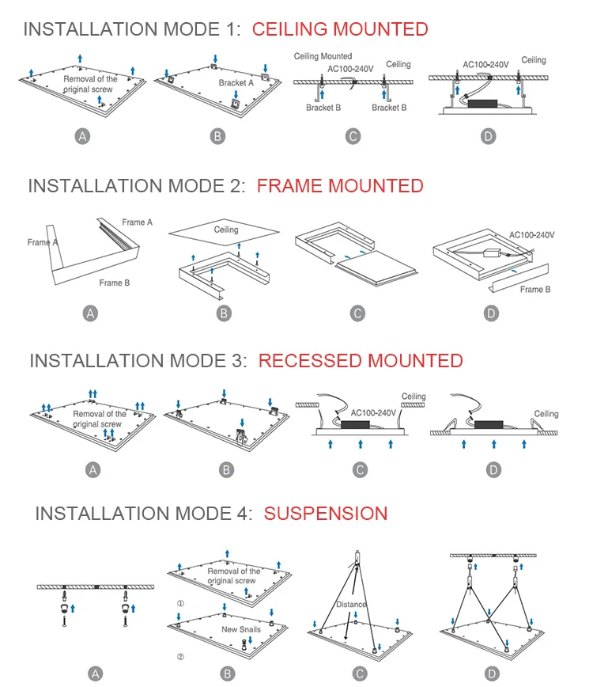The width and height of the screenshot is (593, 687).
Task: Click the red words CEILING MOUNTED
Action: click(340, 29)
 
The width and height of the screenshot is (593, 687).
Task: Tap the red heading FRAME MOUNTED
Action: click(340, 186)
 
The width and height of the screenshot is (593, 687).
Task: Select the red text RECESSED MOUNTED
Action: click(361, 361)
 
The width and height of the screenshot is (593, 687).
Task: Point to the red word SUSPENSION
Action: click(326, 513)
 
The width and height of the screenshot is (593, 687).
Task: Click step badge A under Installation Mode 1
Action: click(82, 136)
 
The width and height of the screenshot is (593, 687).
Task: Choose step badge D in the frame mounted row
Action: click(492, 313)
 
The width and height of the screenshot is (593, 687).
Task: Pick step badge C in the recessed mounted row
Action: click(361, 470)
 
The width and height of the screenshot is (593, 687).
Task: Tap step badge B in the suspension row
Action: click(227, 674)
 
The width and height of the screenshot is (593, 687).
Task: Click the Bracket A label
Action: click(236, 82)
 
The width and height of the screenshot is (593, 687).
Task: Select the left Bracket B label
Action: click(323, 108)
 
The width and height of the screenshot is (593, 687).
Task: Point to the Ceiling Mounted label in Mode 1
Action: click(323, 56)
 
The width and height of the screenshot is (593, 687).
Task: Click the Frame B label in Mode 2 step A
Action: click(115, 283)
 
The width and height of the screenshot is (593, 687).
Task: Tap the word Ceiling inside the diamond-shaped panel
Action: click(226, 230)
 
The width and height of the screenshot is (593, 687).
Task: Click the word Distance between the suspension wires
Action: click(351, 605)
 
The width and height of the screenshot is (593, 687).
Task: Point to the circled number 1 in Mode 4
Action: click(180, 603)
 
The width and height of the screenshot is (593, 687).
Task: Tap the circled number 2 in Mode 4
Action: click(180, 657)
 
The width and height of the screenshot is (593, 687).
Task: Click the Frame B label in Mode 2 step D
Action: click(534, 290)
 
